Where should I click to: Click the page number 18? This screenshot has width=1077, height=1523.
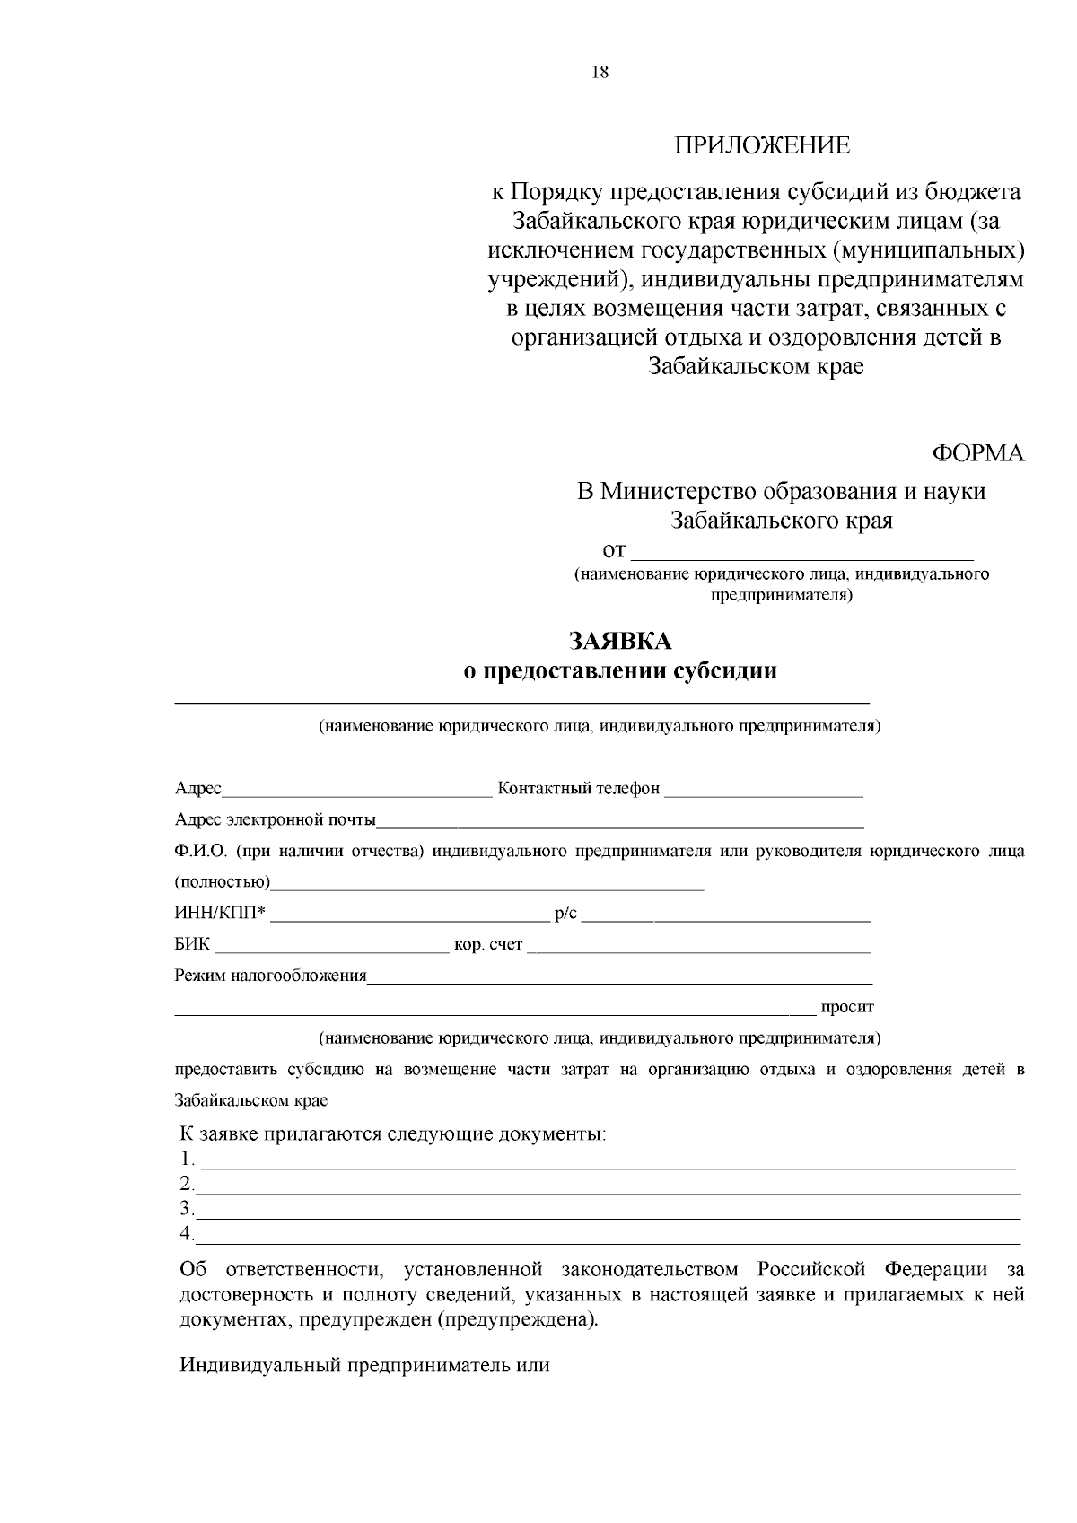click(600, 73)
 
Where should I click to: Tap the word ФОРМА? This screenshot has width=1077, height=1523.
click(978, 453)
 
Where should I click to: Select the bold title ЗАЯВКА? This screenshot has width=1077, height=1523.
click(619, 641)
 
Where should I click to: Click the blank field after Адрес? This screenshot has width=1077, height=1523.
click(357, 790)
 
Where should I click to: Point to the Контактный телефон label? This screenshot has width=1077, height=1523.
click(579, 788)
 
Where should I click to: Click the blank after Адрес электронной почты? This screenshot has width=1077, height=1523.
click(619, 821)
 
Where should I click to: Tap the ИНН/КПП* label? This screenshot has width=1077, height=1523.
click(220, 915)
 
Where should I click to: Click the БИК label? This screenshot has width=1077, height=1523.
click(192, 945)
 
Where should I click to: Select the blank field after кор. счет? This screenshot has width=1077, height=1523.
click(698, 947)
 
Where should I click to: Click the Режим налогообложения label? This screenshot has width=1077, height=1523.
click(271, 976)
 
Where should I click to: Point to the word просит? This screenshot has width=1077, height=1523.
click(847, 1007)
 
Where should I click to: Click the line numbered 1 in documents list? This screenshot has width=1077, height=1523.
click(609, 1162)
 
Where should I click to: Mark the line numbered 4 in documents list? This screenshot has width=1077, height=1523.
click(609, 1238)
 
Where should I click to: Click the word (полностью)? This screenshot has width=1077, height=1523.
click(222, 882)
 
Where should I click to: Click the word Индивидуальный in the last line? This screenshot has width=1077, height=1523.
click(260, 1366)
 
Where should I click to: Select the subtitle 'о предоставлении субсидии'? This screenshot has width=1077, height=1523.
click(619, 670)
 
